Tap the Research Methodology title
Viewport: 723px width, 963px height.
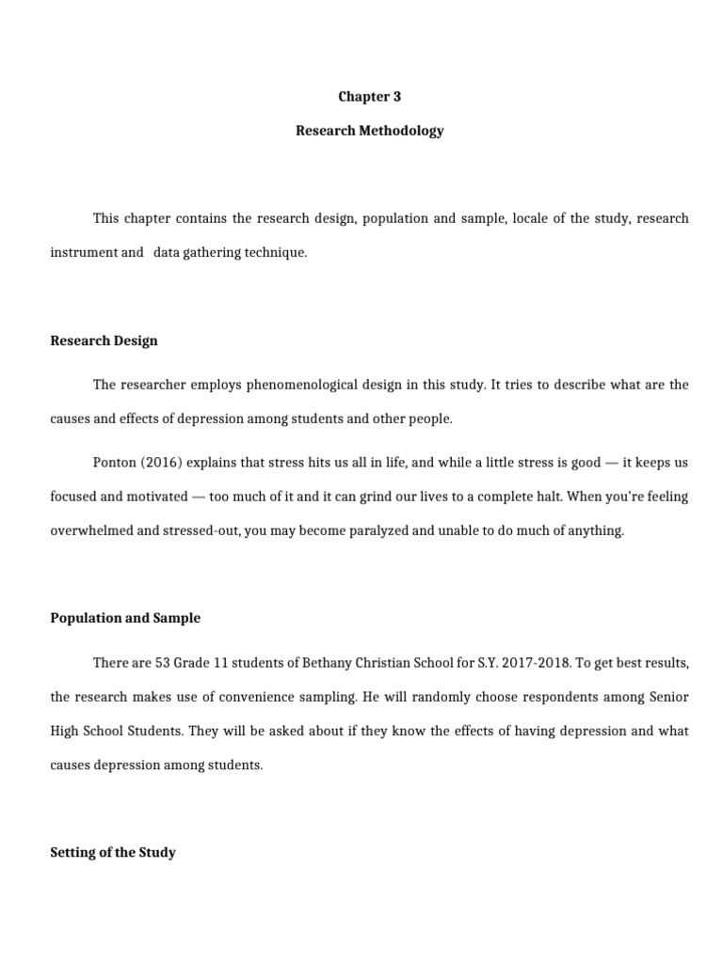coord(369,131)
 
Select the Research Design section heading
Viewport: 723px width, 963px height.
coord(104,340)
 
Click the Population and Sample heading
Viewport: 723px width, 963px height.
coord(125,618)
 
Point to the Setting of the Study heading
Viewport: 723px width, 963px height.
coord(113,853)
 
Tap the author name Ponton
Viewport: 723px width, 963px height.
coord(115,463)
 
